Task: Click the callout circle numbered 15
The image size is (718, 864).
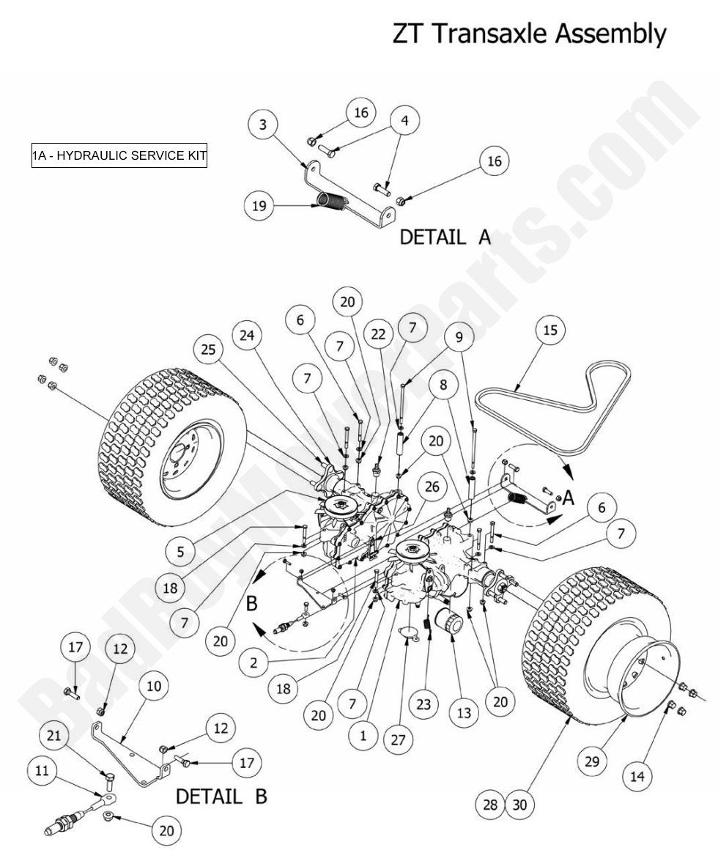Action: click(550, 331)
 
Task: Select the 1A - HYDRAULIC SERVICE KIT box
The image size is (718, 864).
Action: click(119, 155)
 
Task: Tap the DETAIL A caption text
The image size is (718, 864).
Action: click(445, 237)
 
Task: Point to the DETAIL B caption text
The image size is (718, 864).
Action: click(221, 796)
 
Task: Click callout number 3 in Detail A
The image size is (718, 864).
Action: click(263, 124)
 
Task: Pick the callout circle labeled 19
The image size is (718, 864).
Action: click(259, 206)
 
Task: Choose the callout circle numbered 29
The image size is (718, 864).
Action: click(591, 761)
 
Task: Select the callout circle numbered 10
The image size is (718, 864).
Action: click(153, 687)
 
